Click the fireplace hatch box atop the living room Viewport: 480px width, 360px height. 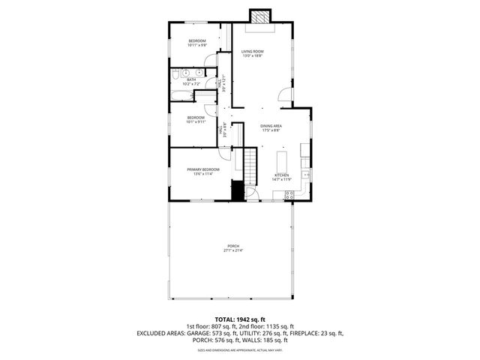point(260,16)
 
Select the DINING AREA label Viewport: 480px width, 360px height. point(271,126)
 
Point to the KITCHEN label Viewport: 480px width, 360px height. point(281,175)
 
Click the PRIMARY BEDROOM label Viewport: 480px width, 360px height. point(203,170)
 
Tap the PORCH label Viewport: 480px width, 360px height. point(232,246)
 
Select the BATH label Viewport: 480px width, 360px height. point(191,79)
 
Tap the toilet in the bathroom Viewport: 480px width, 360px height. point(174,75)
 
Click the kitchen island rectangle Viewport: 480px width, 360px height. point(283,160)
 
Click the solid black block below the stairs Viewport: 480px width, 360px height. point(238,191)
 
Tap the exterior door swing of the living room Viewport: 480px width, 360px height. point(283,94)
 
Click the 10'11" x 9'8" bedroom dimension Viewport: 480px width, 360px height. point(197,45)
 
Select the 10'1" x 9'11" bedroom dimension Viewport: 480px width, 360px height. point(196,122)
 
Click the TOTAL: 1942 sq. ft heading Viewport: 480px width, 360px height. point(239,319)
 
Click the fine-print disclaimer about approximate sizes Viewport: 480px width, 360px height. point(239,350)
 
